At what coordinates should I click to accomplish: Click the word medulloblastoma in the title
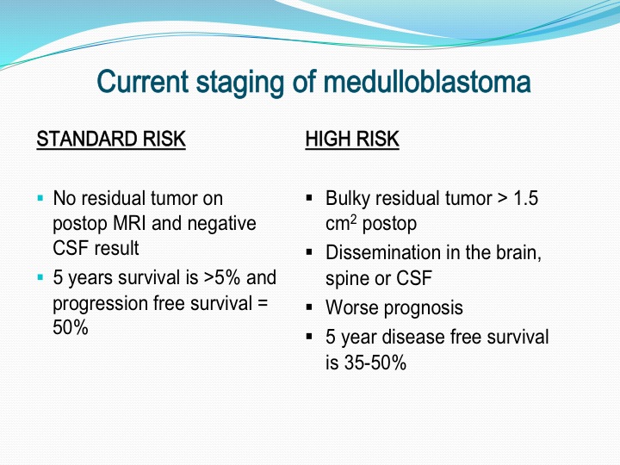(x=427, y=82)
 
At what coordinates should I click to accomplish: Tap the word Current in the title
(x=143, y=82)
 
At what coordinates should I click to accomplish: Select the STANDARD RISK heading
(x=111, y=139)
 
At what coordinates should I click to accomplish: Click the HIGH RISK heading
(x=352, y=139)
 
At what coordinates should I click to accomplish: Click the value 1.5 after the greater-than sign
(x=525, y=198)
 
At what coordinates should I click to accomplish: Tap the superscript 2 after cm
(x=354, y=219)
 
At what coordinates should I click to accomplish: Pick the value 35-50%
(x=375, y=363)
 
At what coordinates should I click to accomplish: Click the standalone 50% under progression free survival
(x=71, y=327)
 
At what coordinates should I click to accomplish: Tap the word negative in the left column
(x=221, y=224)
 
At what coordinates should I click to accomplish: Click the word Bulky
(x=348, y=199)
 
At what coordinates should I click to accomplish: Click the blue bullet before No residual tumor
(x=40, y=198)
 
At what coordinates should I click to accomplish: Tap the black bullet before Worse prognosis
(x=309, y=307)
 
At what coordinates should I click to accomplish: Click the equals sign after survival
(x=263, y=304)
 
